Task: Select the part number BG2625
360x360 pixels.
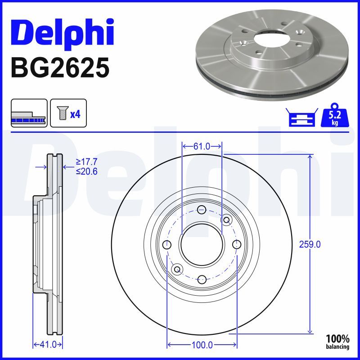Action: (x=59, y=68)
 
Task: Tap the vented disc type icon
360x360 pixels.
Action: (x=29, y=113)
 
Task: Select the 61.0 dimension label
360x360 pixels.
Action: (x=202, y=146)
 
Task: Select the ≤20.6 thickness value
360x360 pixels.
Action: (x=86, y=171)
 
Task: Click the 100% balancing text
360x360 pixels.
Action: (x=337, y=342)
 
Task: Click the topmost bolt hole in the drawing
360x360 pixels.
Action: (x=202, y=209)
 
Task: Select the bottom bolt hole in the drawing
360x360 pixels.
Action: (x=202, y=279)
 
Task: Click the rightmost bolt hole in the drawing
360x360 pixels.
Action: (x=237, y=244)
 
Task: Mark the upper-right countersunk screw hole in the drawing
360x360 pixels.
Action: (x=226, y=220)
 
